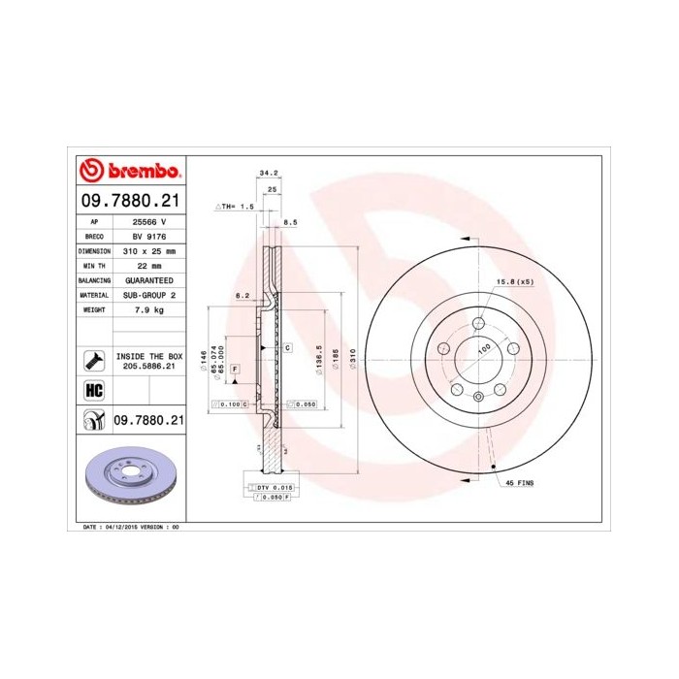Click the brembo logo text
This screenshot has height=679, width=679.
(142, 172)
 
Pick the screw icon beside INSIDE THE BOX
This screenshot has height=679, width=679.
(95, 361)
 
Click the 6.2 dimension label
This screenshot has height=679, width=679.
(242, 296)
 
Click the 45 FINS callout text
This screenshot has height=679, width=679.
(519, 482)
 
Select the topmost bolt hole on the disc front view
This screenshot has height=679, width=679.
(479, 323)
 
